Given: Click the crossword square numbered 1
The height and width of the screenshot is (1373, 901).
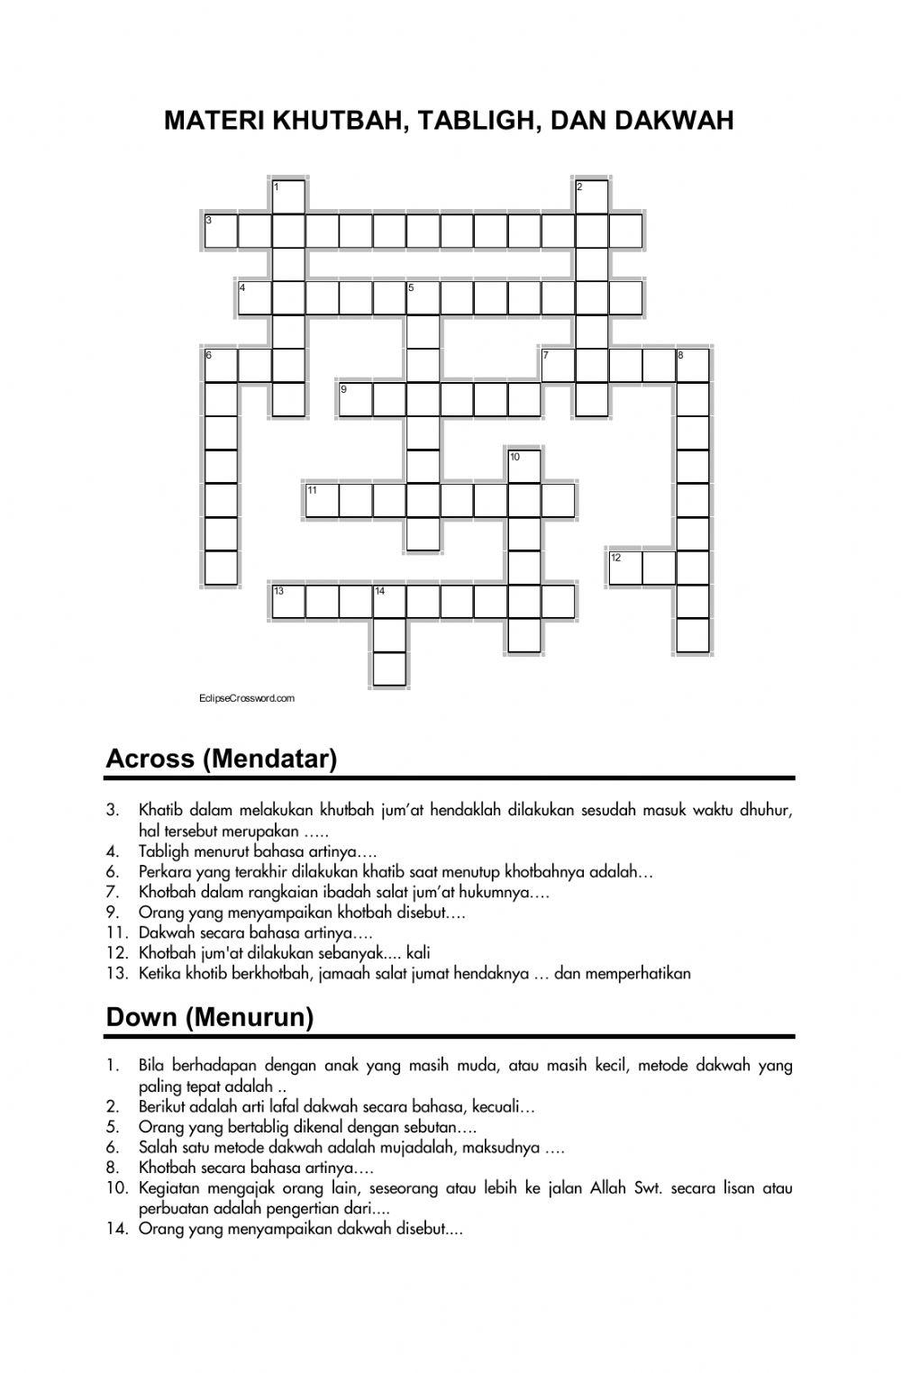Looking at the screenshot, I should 288,196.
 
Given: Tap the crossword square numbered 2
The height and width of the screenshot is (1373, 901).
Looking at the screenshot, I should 592,196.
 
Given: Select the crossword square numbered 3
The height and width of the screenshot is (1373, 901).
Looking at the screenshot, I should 221,231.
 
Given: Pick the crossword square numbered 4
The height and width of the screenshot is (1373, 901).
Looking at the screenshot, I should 255,298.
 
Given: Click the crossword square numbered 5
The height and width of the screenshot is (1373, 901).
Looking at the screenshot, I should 423,298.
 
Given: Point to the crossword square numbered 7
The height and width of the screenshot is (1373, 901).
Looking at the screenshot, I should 559,366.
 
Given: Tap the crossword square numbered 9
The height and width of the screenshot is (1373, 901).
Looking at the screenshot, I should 356,399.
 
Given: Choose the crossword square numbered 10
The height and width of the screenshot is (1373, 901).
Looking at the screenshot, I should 524,467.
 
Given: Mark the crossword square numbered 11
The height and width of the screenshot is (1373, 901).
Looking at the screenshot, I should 323,501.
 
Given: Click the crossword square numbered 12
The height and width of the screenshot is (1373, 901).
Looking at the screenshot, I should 626,568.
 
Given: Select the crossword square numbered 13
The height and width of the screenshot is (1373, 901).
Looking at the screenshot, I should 288,602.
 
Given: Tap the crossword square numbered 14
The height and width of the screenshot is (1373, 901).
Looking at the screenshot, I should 389,602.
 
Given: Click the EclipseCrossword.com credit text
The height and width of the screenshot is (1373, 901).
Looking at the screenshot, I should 246,698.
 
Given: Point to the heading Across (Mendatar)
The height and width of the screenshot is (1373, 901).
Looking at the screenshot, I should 222,759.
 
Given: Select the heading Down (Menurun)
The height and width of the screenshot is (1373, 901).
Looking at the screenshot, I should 210,1017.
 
